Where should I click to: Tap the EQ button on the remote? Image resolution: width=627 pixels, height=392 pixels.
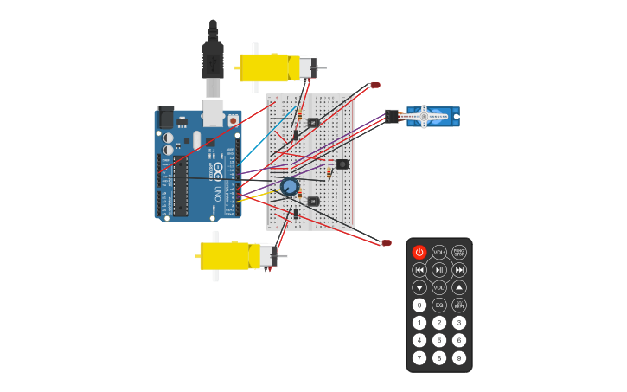(439, 305)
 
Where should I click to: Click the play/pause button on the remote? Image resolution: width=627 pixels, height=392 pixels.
(439, 270)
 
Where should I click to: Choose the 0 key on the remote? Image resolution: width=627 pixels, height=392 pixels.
(419, 305)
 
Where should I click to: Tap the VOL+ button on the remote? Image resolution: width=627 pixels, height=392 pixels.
(439, 253)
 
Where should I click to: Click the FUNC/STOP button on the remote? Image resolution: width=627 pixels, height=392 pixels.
(459, 253)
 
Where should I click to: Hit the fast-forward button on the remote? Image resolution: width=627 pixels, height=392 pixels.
(459, 270)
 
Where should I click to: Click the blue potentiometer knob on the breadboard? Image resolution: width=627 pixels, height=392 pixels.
(290, 185)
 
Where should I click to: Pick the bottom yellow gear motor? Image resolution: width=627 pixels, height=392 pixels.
(229, 255)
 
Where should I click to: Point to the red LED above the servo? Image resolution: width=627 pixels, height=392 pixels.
(375, 85)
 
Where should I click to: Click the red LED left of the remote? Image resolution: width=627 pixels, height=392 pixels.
(386, 243)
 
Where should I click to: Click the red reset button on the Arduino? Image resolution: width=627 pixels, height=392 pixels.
(234, 121)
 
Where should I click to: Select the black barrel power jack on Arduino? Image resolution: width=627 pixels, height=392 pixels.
(165, 119)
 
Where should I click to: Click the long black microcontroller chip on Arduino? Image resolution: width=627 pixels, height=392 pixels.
(181, 186)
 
